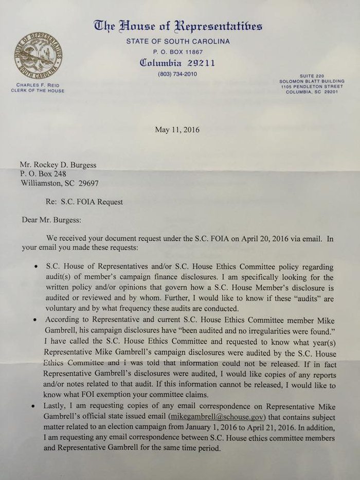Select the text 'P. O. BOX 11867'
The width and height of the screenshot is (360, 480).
pyautogui.click(x=178, y=52)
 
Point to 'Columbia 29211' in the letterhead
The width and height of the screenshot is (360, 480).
pyautogui.click(x=178, y=63)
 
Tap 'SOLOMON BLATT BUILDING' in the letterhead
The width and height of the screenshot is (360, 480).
pyautogui.click(x=311, y=81)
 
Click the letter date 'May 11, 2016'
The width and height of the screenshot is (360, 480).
pyautogui.click(x=177, y=130)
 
